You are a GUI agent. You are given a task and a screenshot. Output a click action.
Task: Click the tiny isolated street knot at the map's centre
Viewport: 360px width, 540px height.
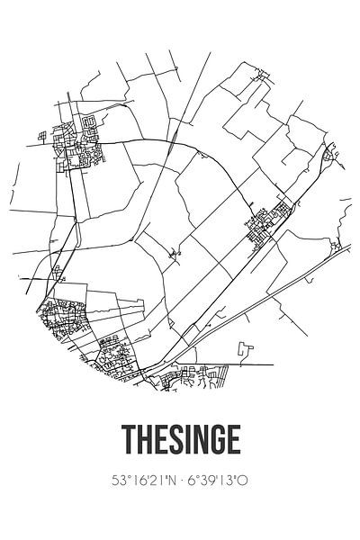[177, 255]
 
